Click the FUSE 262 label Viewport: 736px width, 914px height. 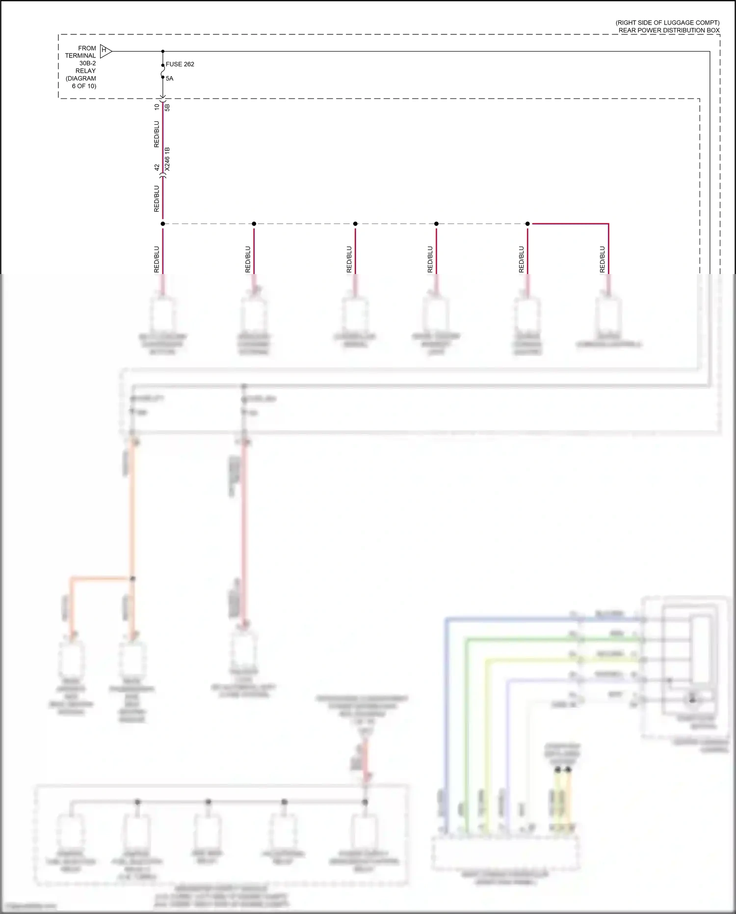pos(180,64)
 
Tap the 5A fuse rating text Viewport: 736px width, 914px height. pos(169,79)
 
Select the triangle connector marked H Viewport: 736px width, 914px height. pos(105,51)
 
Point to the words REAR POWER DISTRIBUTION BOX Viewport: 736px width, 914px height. pos(669,30)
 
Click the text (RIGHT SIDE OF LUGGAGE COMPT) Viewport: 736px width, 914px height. pos(667,23)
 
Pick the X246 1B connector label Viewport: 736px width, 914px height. pos(167,159)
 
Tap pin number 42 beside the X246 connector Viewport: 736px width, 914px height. pos(157,167)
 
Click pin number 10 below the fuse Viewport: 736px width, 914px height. pos(157,107)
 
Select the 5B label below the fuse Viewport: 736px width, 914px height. pos(167,107)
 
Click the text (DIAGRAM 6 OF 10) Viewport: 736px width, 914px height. pos(81,82)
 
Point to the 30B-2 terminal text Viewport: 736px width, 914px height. pos(88,63)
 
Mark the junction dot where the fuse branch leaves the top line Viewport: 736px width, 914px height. pos(163,51)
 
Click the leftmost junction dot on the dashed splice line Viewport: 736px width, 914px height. pos(163,224)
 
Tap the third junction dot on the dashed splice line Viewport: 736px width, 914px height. pos(355,224)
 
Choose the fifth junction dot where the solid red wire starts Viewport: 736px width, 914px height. pos(527,224)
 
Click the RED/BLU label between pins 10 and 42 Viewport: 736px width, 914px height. pos(157,134)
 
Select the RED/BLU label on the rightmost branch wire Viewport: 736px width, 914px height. pos(603,259)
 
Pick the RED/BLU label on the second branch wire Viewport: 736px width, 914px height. pos(248,259)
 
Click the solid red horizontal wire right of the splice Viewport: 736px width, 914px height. pos(569,224)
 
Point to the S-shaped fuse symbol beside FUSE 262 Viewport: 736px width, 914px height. pos(163,71)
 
